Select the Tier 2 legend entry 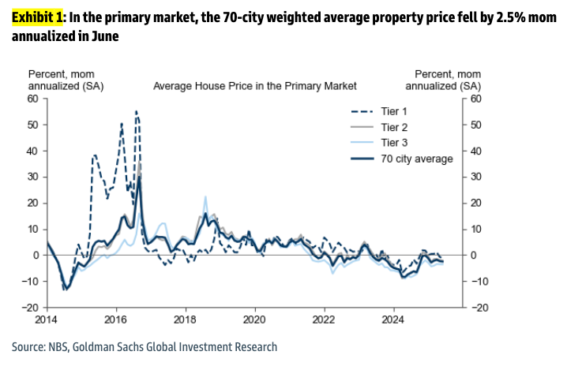pyautogui.click(x=401, y=126)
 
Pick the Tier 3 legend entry pyautogui.click(x=401, y=142)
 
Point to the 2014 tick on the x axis pyautogui.click(x=47, y=320)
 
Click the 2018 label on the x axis pyautogui.click(x=185, y=320)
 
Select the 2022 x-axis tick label pyautogui.click(x=322, y=320)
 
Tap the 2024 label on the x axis pyautogui.click(x=392, y=320)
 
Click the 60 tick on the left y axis pyautogui.click(x=33, y=99)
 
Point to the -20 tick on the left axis pyautogui.click(x=30, y=308)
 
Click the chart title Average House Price pyautogui.click(x=254, y=85)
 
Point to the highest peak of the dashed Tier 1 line pyautogui.click(x=136, y=111)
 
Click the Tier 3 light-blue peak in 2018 pyautogui.click(x=205, y=196)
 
